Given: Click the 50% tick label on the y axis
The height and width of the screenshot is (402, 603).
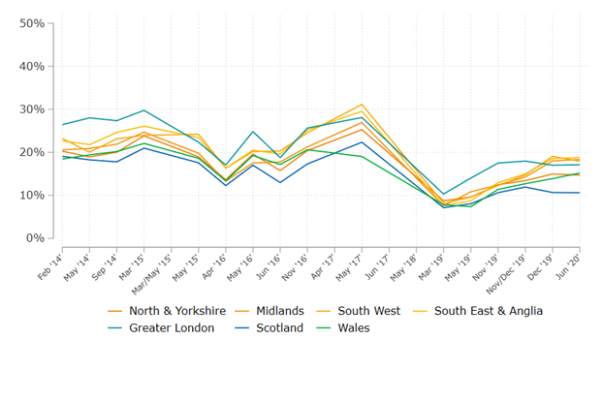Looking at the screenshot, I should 32,23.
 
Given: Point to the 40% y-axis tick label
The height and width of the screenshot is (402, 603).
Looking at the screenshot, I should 32,66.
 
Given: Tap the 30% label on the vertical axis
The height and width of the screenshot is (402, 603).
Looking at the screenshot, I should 32,109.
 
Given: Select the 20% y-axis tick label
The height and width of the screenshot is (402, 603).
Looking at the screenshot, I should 32,152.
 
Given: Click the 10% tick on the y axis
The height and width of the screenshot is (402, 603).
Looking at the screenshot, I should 32,195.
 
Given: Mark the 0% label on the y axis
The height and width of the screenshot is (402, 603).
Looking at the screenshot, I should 36,238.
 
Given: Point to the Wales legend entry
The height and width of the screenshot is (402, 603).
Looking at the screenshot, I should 351,328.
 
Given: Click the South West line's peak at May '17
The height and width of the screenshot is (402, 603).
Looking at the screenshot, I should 362,105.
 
